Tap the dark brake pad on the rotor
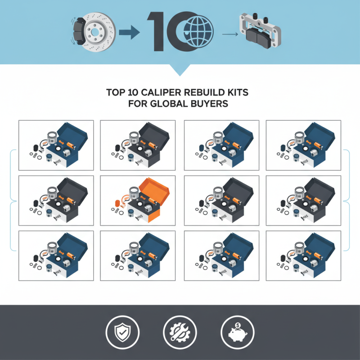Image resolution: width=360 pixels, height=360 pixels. [x=78, y=32]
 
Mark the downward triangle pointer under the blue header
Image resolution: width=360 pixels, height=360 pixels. [x=180, y=70]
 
